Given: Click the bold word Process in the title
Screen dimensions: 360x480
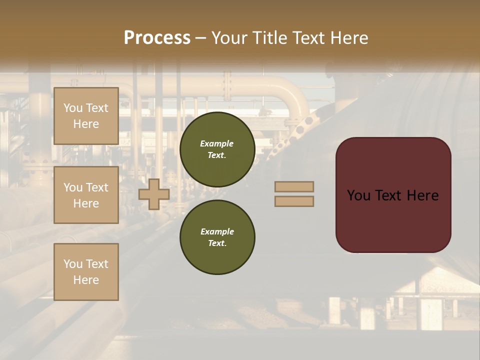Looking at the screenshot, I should [x=157, y=38].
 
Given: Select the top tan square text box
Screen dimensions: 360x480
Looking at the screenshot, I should [x=86, y=116].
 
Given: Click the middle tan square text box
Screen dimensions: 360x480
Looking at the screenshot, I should [x=86, y=195].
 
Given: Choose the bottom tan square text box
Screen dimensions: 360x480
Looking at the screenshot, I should [x=86, y=271].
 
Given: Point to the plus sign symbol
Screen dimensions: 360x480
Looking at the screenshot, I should [x=154, y=194].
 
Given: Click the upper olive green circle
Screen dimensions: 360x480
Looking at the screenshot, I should [x=217, y=149].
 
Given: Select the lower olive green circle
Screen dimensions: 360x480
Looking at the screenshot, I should [x=217, y=237].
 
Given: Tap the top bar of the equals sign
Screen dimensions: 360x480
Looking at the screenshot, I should [x=294, y=186].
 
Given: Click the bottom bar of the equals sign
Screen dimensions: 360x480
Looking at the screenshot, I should [x=294, y=201].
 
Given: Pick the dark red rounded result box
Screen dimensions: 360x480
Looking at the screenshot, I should [x=393, y=195].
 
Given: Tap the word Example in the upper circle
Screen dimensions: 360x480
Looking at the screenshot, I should [x=216, y=143].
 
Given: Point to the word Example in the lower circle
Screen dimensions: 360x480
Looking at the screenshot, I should [x=216, y=231].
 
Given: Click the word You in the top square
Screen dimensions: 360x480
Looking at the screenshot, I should [x=72, y=108].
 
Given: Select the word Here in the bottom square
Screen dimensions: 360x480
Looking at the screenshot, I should [x=86, y=280].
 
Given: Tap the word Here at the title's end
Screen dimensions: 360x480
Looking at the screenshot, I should [x=349, y=38].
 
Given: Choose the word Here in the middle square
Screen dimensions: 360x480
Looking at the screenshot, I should [x=86, y=203].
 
